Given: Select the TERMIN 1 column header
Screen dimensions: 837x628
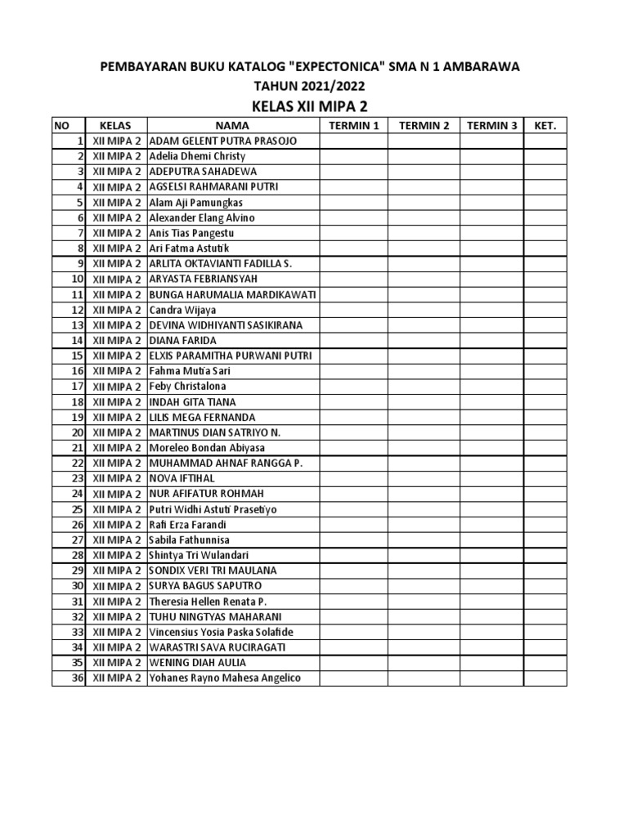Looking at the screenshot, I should coord(353,126).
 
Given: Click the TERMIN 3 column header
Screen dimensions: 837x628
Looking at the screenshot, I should coord(491,126).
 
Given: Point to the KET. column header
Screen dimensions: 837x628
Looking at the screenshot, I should coord(545,126).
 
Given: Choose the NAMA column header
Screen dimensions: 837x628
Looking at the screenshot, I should coord(232,126).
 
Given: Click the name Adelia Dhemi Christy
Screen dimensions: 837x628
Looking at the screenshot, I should coord(197,156).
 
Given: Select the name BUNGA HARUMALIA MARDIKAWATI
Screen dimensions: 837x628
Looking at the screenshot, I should coord(233,294).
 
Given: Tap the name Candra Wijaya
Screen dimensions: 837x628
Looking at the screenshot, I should coord(182,310).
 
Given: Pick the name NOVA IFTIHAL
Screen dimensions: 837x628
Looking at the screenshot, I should coord(180,478).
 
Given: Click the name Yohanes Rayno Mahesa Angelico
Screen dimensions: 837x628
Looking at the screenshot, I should coord(225,678).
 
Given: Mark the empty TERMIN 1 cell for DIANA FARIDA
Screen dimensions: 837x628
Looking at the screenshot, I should coord(353,340).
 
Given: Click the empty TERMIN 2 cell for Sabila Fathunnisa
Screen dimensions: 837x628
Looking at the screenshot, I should coord(424,539).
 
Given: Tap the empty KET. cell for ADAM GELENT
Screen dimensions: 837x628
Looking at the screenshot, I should coord(545,141).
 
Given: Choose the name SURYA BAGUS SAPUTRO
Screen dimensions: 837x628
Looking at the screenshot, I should coord(201,586).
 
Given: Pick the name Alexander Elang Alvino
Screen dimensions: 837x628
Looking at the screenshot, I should coord(202,217).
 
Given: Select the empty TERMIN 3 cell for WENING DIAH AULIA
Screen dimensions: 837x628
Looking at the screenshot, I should coord(491,662).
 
